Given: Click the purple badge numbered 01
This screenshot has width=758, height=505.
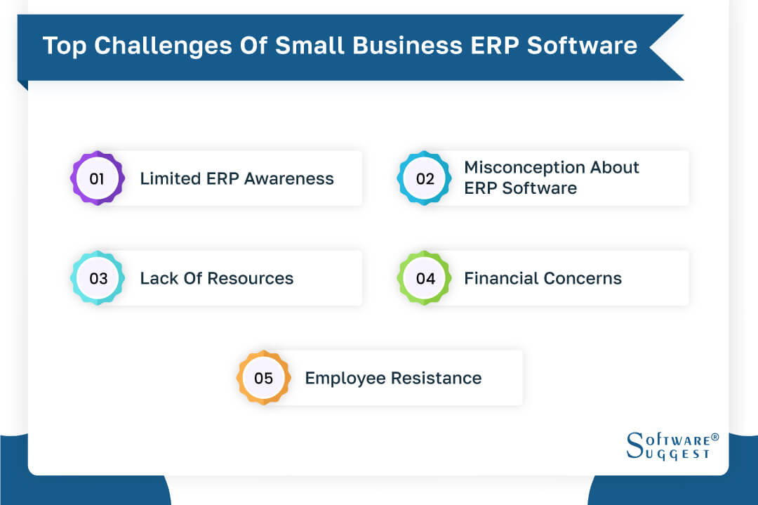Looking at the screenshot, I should point(98,178).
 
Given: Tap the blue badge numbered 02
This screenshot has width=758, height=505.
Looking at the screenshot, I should point(425,178).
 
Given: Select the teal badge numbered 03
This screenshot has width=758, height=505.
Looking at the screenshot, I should point(98,278).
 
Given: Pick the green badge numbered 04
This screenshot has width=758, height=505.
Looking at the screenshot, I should point(425,278).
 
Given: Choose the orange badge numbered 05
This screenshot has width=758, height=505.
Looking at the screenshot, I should point(263,378).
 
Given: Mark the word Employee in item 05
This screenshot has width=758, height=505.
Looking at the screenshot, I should point(345,378).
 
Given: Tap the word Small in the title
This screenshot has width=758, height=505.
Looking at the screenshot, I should point(307,46).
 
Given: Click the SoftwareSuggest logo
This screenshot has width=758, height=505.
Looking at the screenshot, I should point(669,446).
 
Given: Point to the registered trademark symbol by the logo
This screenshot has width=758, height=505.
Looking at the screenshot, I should point(714,437).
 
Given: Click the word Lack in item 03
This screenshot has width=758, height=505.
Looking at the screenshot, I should point(159,278).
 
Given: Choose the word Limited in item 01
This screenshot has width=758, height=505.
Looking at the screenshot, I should point(171,178).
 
